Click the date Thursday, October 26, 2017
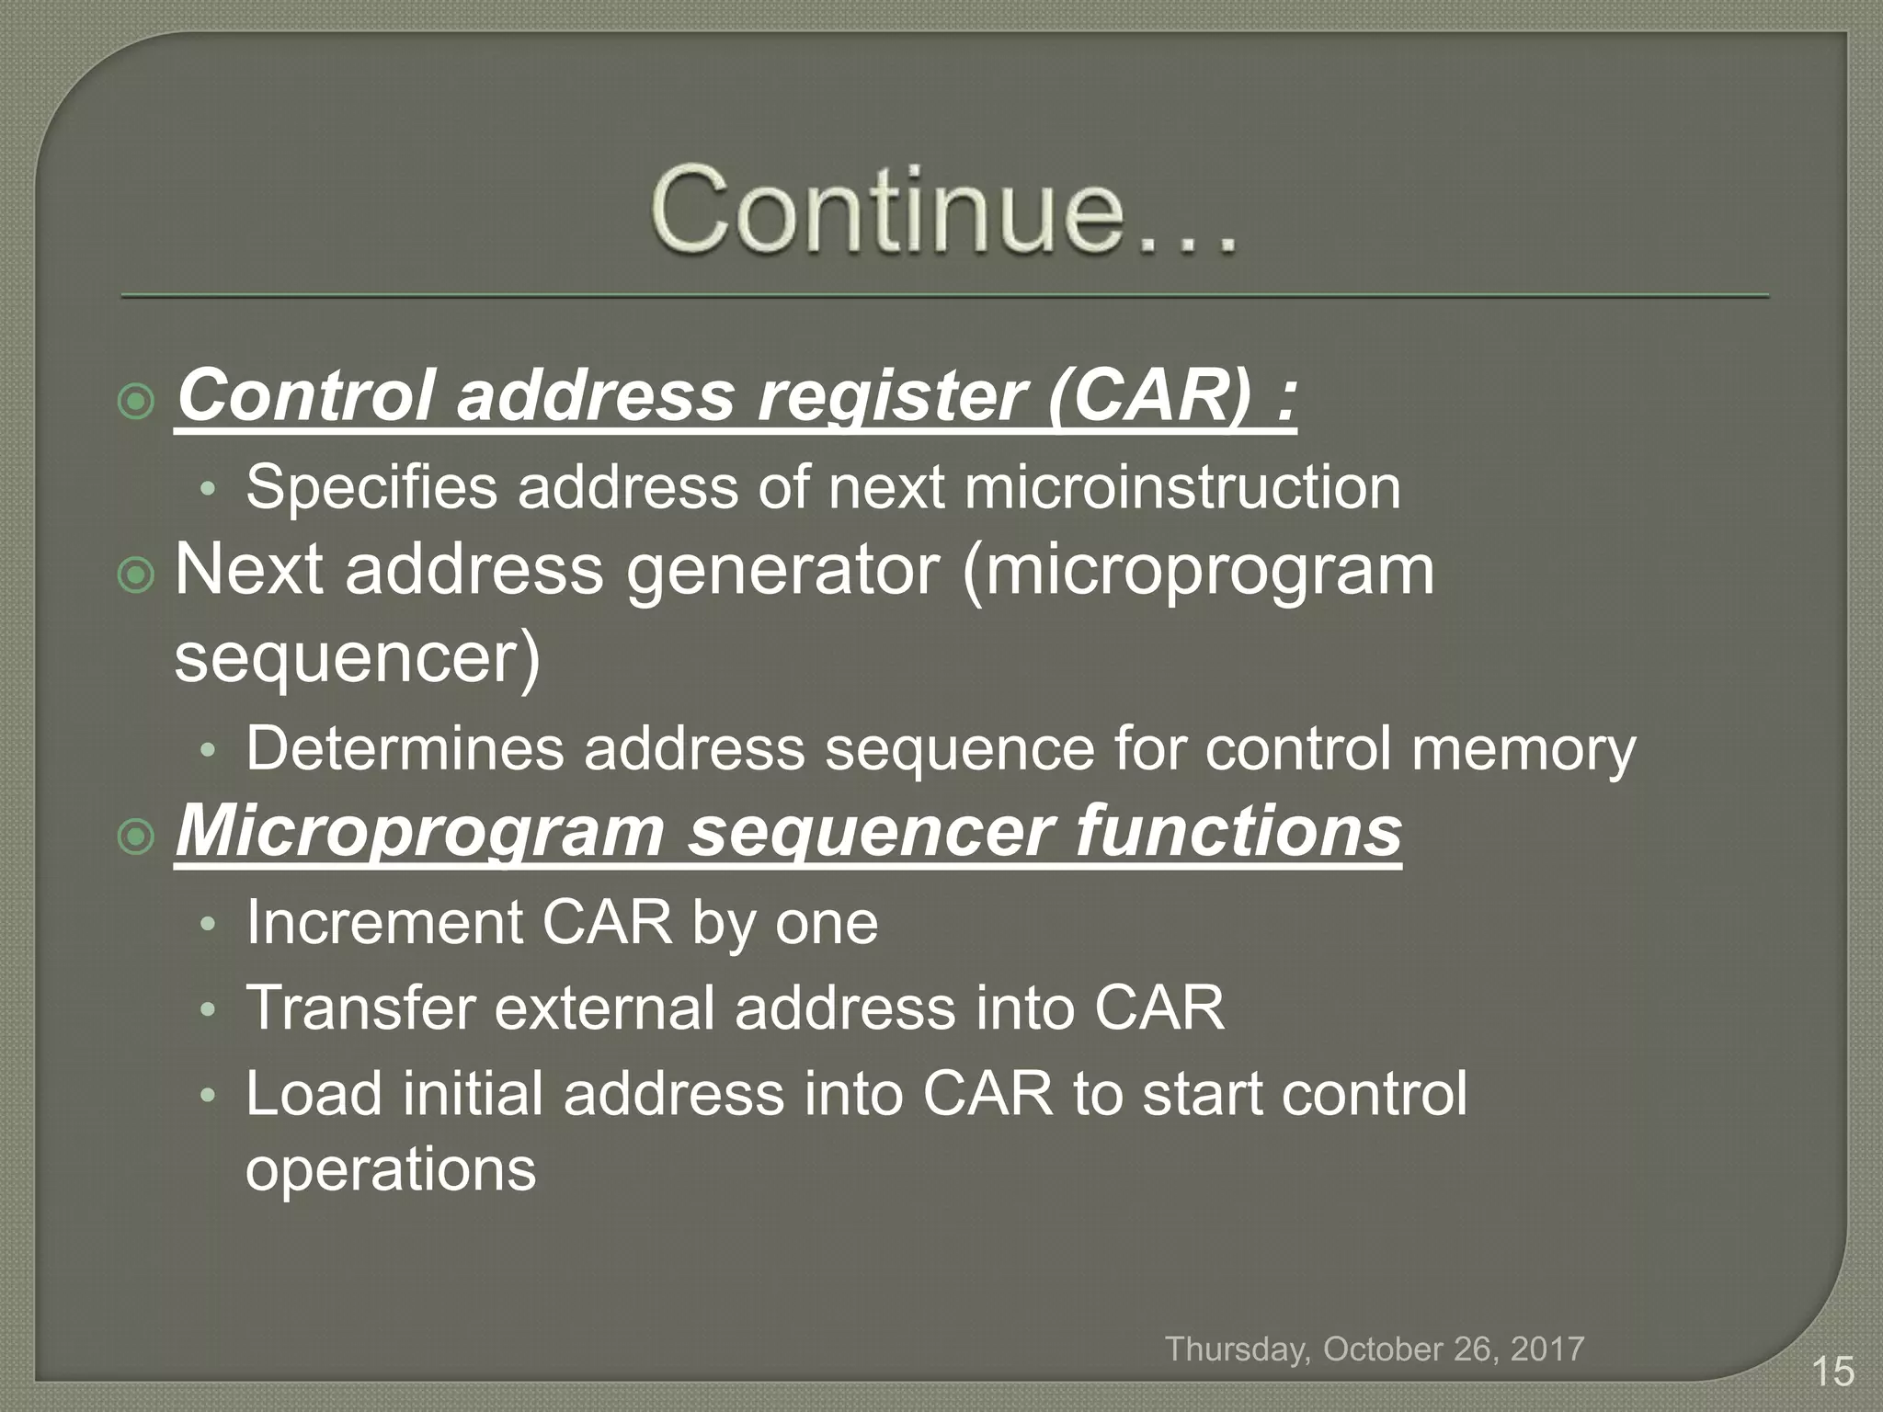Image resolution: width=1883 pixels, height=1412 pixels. pos(1375,1349)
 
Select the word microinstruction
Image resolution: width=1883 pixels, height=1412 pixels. pos(1182,487)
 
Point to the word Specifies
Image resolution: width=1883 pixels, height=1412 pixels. pos(371,487)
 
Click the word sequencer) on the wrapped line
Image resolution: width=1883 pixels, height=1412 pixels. pos(358,659)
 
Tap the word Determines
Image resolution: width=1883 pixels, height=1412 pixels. pos(405,748)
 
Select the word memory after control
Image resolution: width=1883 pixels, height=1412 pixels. pos(1524,748)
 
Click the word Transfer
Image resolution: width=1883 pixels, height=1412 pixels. pos(359,1008)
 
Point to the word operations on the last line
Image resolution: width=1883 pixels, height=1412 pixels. pos(391,1169)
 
